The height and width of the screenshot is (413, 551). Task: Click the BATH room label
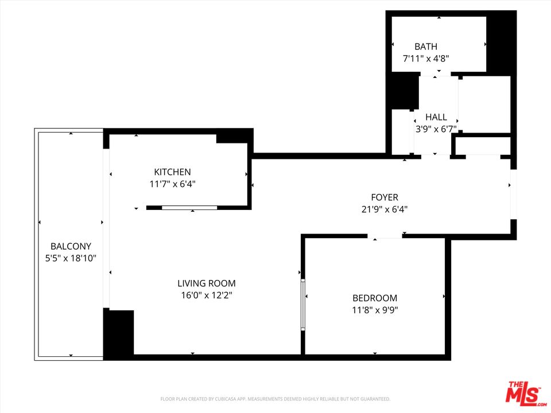426,46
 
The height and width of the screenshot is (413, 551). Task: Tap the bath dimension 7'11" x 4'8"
426,58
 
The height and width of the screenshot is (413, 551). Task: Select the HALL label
436,118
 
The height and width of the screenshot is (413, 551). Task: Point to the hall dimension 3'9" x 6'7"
436,129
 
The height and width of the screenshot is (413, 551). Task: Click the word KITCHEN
172,172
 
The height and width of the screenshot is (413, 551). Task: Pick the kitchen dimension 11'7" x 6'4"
172,184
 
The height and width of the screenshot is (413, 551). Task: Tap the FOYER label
385,198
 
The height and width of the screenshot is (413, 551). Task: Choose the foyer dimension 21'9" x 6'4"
385,209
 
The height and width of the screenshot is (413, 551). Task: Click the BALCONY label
71,247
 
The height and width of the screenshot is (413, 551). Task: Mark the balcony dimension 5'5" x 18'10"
71,258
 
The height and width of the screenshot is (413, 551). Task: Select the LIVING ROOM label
207,283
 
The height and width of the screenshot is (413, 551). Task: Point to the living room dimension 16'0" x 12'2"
207,295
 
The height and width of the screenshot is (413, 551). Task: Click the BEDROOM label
375,298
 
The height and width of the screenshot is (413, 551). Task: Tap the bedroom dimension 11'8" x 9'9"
375,310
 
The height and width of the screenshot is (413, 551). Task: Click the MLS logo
523,393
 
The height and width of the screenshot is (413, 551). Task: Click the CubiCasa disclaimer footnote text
275,399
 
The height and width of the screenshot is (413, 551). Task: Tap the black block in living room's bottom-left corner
118,332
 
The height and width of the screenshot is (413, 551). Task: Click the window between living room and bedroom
303,305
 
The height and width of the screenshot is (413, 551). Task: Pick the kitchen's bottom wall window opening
190,207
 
